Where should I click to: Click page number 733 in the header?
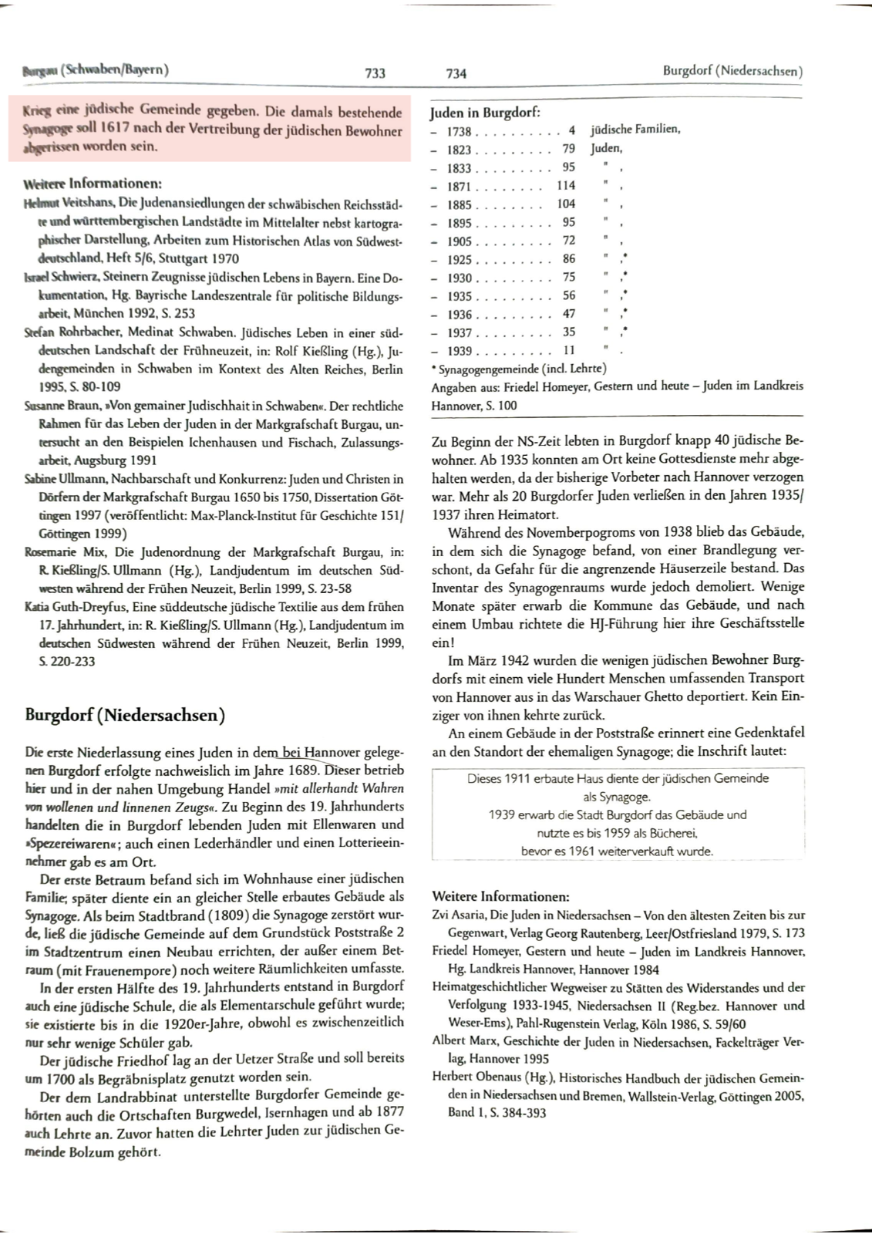tap(375, 73)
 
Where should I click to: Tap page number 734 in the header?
tap(456, 73)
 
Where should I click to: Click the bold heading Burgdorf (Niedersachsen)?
tap(125, 715)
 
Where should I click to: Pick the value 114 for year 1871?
tap(566, 185)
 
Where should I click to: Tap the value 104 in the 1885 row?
tap(566, 204)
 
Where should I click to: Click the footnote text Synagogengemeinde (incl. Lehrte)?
tap(520, 369)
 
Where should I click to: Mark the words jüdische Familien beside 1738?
tap(635, 130)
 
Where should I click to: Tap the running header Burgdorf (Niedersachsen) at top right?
tap(732, 72)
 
